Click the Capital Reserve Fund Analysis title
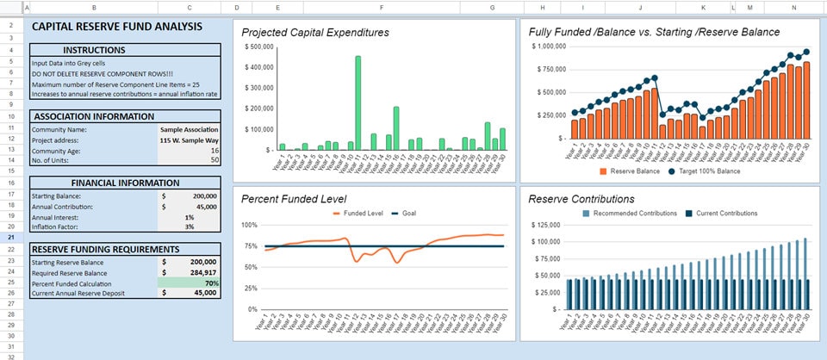point(117,27)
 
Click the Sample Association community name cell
point(190,128)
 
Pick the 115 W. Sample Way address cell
point(190,140)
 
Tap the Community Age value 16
point(213,150)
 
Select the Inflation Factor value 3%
point(188,227)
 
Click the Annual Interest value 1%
point(188,216)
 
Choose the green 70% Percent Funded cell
point(190,282)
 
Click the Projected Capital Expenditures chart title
point(315,33)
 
